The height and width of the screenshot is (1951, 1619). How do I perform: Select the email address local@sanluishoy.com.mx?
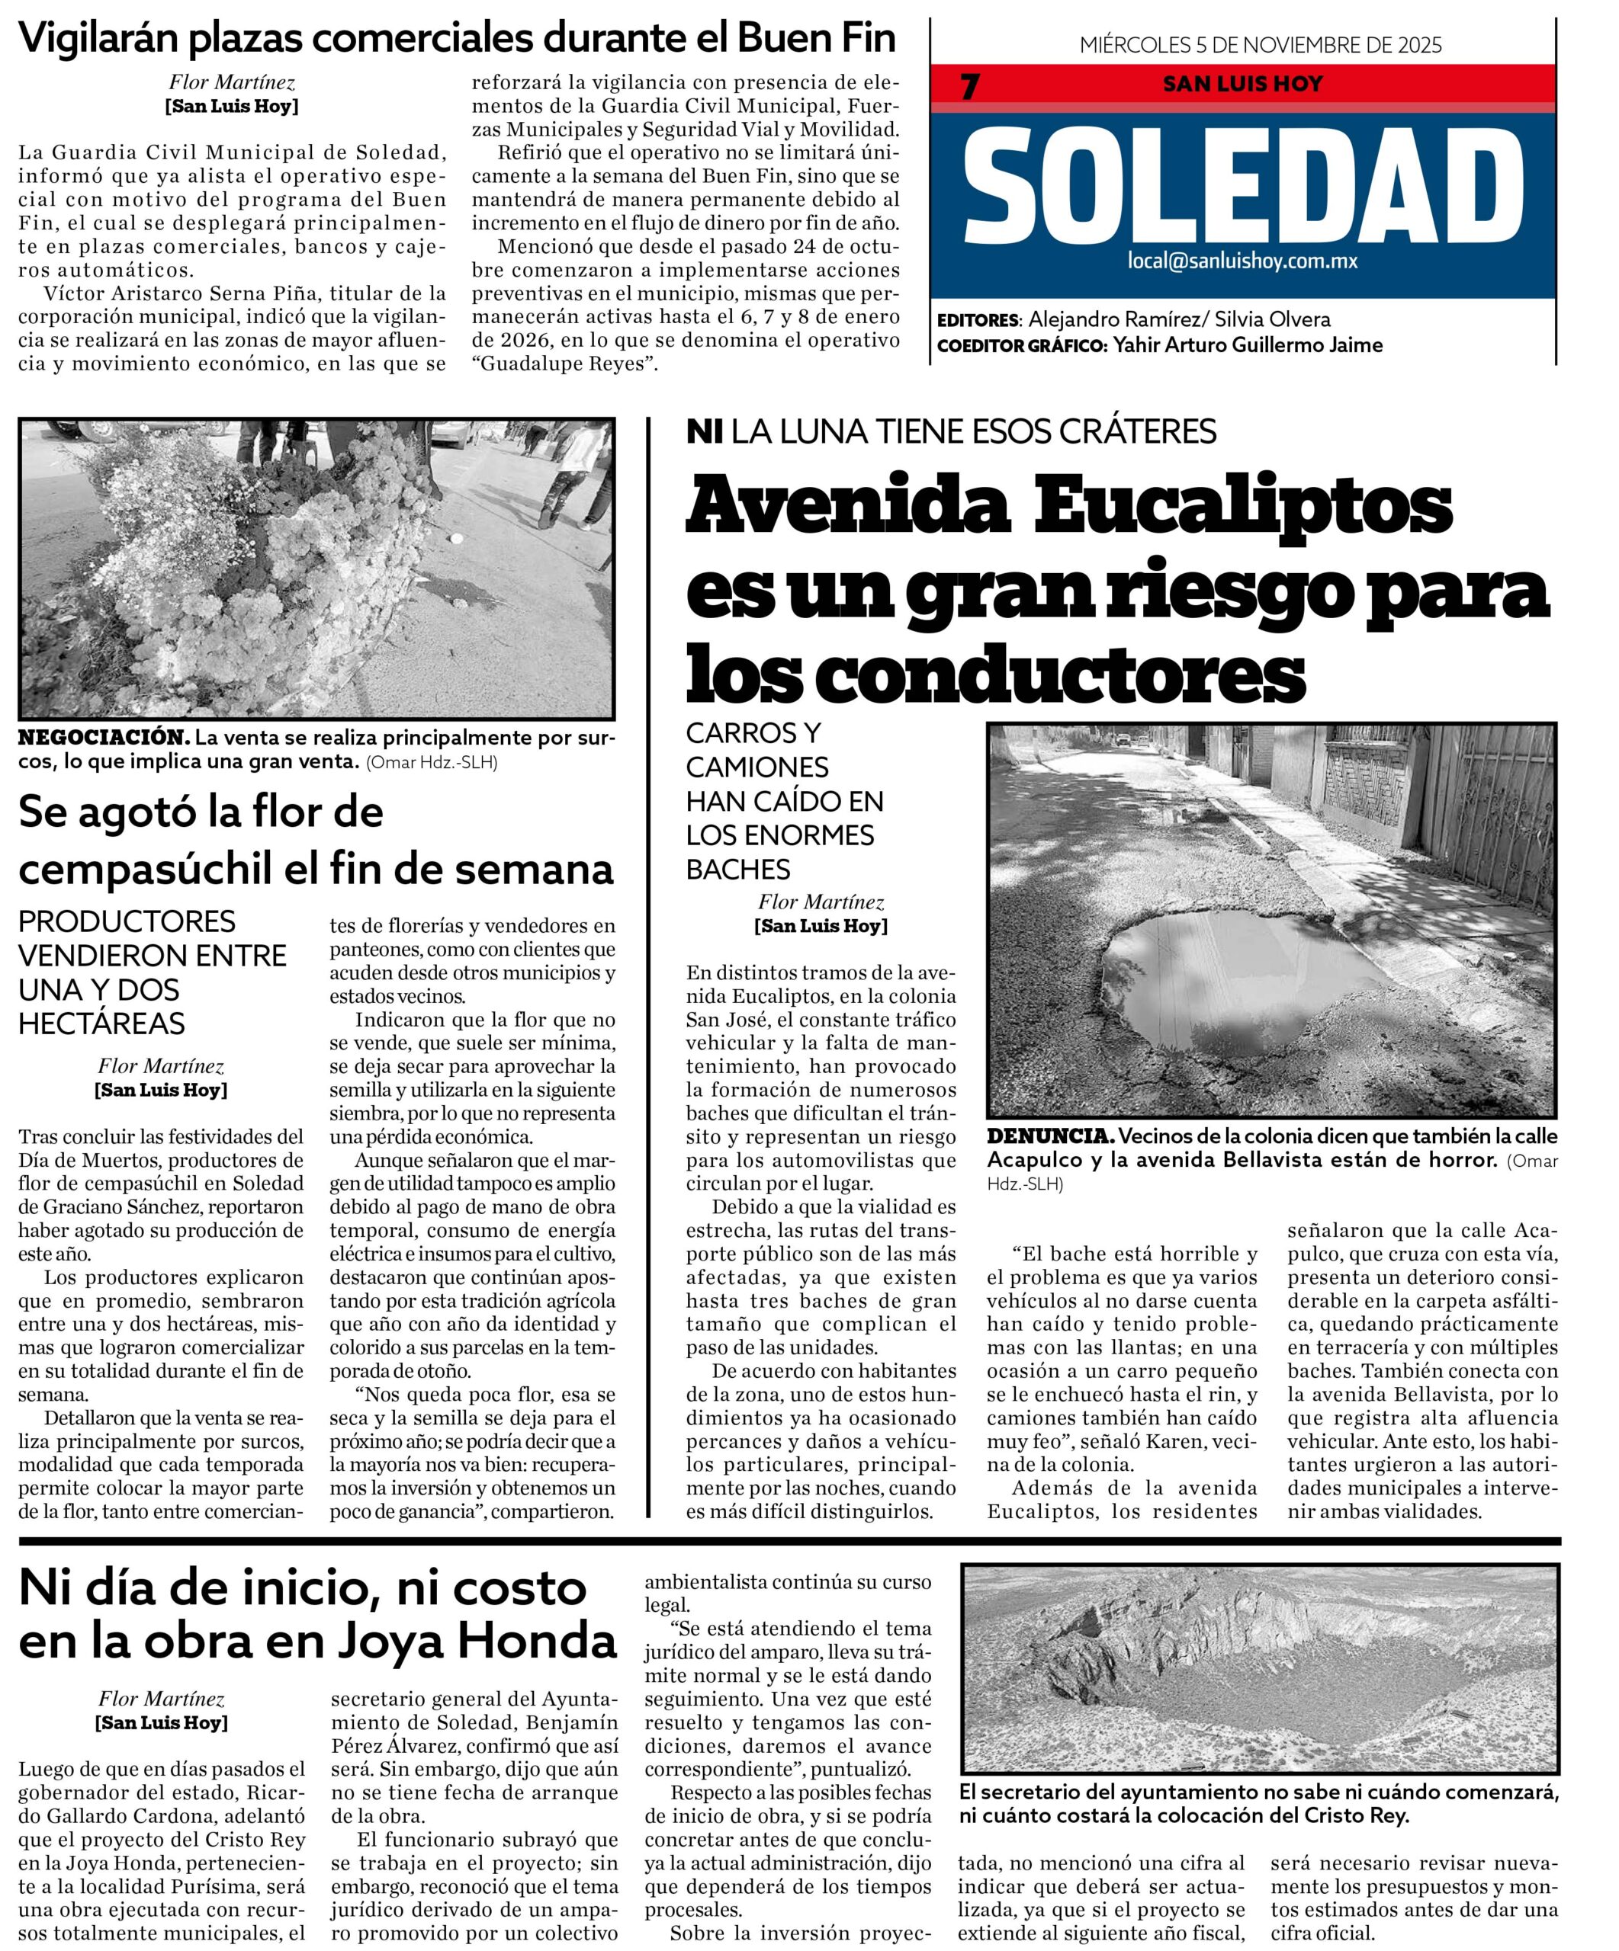[1242, 261]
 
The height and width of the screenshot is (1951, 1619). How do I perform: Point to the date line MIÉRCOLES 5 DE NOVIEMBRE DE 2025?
[1261, 45]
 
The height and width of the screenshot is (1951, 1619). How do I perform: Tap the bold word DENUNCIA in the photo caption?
[1049, 1136]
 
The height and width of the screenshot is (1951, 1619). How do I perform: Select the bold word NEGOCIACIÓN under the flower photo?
[103, 738]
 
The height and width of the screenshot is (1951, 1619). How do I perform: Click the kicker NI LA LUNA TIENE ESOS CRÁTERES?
[951, 432]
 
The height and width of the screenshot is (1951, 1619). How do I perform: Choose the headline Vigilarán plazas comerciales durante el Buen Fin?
[456, 38]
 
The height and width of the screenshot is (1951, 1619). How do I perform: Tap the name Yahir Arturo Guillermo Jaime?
[1248, 345]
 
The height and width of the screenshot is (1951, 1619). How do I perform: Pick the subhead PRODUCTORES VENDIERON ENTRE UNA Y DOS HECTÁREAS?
[153, 972]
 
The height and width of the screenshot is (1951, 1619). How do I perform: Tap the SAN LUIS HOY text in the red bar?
[1242, 84]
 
